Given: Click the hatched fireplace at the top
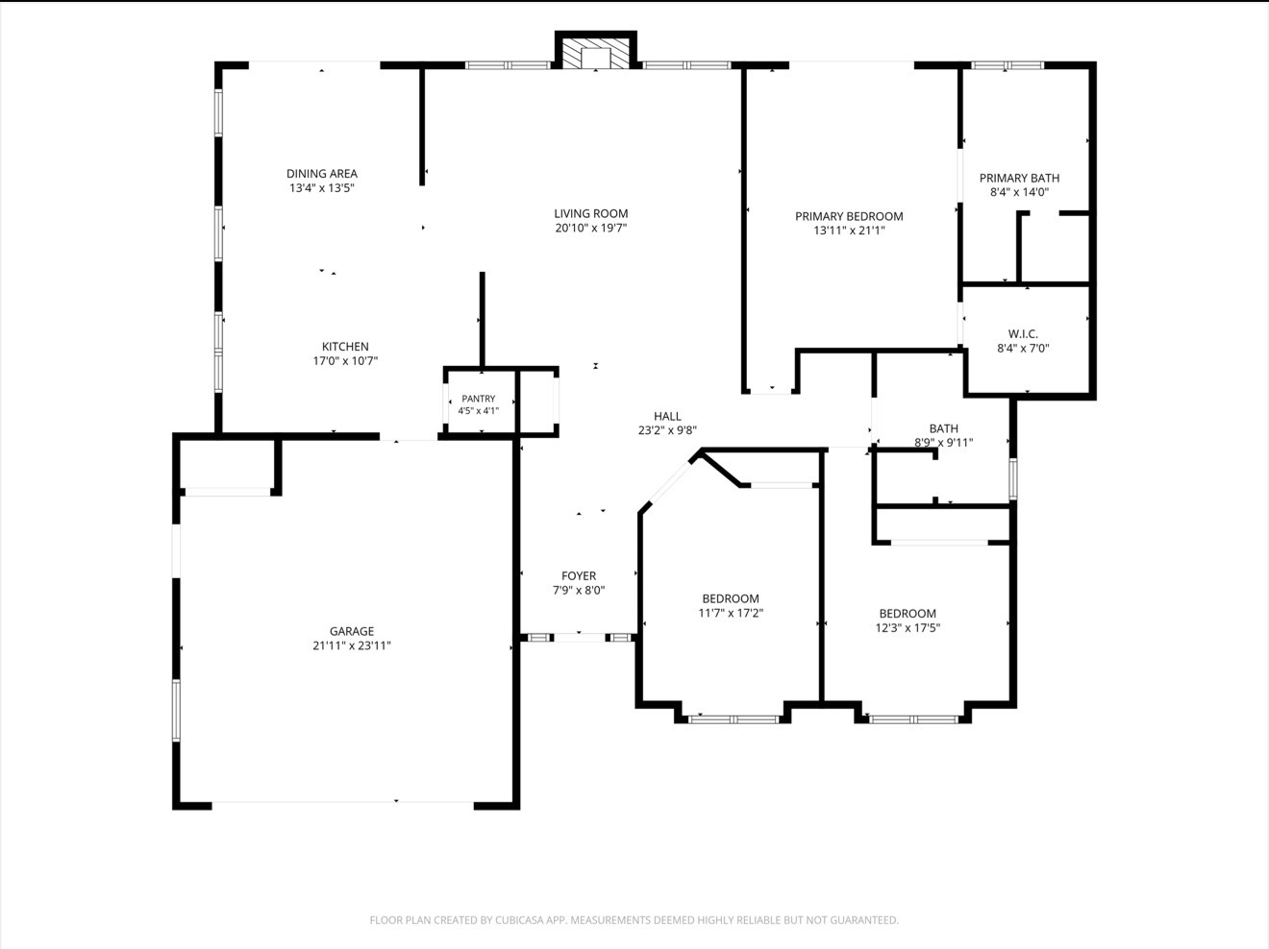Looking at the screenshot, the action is (x=595, y=54).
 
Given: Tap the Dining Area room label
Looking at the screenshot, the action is (x=322, y=173).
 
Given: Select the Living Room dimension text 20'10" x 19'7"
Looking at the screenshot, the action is (x=591, y=229).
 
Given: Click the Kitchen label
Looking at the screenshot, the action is (x=345, y=347).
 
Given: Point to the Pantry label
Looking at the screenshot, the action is (x=478, y=399).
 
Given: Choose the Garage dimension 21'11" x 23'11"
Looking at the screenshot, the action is (x=352, y=645).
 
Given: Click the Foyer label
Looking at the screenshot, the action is (x=579, y=576).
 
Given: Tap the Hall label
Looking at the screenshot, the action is (x=667, y=416).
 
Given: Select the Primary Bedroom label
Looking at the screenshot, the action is (x=849, y=216).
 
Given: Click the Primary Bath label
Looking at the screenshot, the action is (x=1019, y=178).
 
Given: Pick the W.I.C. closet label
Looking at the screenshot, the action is (x=1023, y=334).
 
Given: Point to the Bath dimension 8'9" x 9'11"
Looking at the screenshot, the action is (x=943, y=443).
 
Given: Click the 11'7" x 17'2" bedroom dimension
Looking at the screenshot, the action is (x=731, y=613).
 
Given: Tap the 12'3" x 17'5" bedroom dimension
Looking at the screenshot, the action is (x=908, y=628).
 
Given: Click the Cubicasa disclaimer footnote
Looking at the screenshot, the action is (x=634, y=920).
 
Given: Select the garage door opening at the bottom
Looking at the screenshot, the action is (x=343, y=802).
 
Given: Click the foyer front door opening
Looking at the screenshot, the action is (x=580, y=638).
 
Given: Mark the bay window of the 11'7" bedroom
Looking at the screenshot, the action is (x=734, y=719).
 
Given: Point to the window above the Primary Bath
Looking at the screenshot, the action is (x=1008, y=65).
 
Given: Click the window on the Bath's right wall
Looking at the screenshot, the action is (x=1013, y=479).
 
